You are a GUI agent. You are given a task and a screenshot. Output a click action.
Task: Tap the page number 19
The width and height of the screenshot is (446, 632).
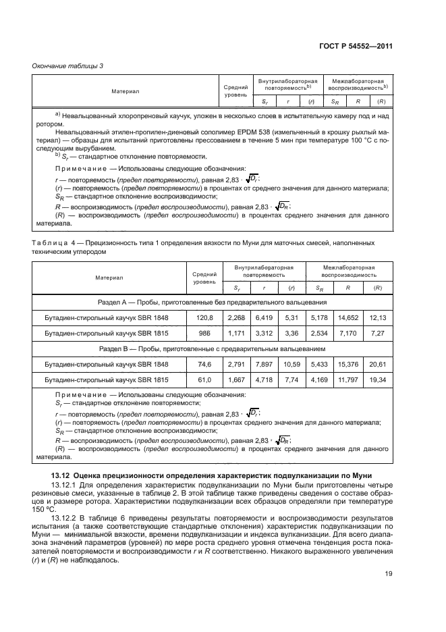pos(388,575)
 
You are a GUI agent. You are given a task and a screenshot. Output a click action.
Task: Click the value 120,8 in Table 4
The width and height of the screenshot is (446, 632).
pos(204,316)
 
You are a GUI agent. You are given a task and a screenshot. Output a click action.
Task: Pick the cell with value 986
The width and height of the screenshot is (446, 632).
pos(204,334)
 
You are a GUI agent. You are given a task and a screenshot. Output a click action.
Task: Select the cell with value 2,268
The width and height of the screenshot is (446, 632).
pos(237,316)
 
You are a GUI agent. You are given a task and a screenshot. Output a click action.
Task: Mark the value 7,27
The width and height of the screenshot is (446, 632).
pos(381,334)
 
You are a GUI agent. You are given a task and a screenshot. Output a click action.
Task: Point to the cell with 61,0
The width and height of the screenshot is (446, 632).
pos(204,381)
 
